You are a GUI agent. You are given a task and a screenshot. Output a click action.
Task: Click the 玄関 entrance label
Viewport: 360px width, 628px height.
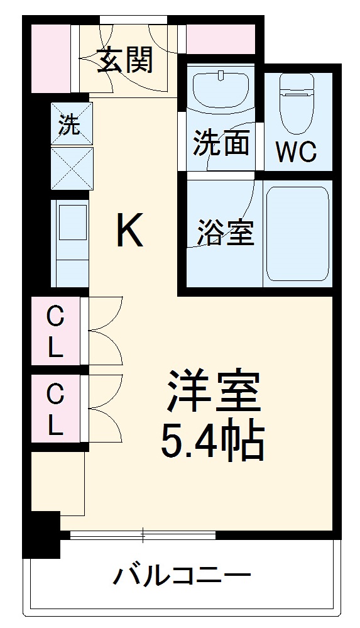(x=125, y=61)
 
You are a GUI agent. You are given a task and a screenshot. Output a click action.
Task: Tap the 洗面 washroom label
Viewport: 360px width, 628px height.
(x=221, y=143)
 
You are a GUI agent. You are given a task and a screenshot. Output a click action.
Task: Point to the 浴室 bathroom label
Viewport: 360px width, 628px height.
(x=224, y=232)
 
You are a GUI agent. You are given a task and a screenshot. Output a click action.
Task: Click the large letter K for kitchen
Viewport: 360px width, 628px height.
(x=131, y=231)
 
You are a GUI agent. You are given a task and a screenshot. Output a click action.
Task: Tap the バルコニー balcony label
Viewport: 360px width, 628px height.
(x=182, y=575)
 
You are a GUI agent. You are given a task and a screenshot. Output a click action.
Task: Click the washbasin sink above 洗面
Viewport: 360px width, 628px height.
(x=221, y=89)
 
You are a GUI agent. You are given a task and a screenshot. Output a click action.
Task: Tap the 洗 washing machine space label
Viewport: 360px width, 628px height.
(x=70, y=124)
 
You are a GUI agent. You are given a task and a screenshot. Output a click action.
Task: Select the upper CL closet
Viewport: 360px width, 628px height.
(x=56, y=333)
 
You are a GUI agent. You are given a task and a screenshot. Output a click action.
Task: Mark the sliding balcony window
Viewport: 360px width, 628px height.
(x=143, y=536)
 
